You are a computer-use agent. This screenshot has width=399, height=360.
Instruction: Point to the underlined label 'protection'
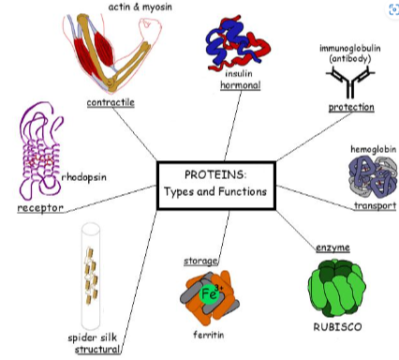point(351,108)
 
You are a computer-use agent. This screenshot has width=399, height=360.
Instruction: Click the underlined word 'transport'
point(375,205)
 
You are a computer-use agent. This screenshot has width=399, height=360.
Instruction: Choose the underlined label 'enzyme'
point(332,247)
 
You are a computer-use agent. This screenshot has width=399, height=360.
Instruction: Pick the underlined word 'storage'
point(200,260)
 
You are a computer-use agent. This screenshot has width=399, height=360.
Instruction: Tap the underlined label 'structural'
point(98,350)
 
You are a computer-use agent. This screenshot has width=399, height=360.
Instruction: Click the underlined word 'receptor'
point(40,207)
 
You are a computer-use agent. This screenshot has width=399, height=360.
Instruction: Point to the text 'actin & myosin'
point(140,7)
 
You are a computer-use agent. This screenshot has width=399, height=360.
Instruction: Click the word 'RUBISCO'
point(338,327)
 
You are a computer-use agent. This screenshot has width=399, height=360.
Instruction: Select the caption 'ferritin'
point(209,334)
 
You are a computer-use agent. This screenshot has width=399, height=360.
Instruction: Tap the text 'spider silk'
point(92,337)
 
